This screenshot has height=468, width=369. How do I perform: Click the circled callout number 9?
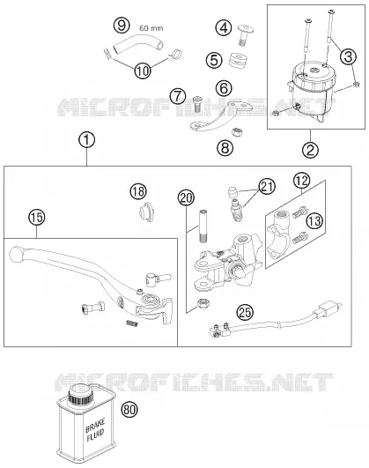click(122, 25)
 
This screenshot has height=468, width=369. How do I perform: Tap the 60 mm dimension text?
click(151, 28)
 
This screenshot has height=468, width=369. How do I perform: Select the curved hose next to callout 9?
click(138, 46)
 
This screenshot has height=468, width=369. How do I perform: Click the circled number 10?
click(143, 71)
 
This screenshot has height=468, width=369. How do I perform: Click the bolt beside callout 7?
click(197, 104)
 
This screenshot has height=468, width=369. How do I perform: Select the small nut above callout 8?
click(237, 131)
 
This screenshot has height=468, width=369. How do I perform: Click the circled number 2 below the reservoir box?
click(310, 150)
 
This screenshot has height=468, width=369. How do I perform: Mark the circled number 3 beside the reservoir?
click(348, 56)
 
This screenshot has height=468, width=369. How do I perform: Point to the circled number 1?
click(87, 140)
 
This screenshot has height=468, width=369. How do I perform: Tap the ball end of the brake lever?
click(17, 255)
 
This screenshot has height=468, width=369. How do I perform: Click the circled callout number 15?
click(37, 217)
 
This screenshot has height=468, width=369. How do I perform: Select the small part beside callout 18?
click(146, 212)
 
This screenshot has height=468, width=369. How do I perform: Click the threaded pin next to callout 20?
click(203, 227)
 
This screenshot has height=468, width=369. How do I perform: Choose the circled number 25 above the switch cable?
click(245, 313)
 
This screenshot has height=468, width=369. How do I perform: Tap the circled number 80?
click(129, 410)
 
